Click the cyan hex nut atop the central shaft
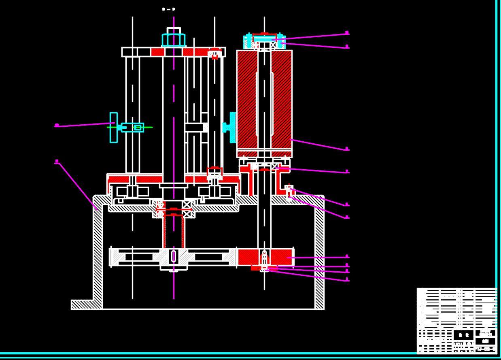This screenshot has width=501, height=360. click(174, 39)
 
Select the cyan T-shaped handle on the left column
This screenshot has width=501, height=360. click(114, 128)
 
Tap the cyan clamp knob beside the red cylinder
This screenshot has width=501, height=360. click(231, 128)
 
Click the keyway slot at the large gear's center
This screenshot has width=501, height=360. click(174, 256)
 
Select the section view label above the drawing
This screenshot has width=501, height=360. click(168, 9)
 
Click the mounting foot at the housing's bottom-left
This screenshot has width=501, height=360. click(83, 305)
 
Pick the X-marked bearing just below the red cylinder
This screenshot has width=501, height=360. click(275, 166)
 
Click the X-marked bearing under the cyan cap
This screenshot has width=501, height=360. click(273, 45)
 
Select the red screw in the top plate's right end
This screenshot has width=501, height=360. click(214, 53)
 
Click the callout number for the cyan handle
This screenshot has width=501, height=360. click(57, 126)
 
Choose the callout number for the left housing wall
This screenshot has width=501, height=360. click(57, 162)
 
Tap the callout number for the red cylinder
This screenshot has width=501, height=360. click(347, 149)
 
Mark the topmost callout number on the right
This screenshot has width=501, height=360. click(347, 32)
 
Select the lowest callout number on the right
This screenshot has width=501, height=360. click(347, 279)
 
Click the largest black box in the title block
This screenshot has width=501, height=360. click(463, 335)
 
